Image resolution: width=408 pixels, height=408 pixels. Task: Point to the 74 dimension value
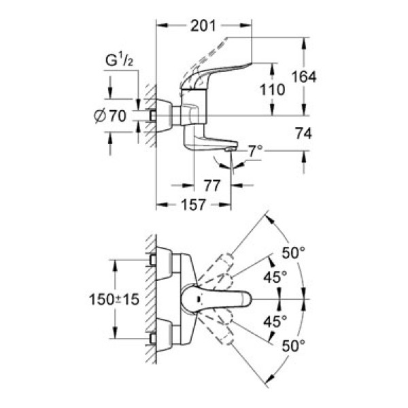(303, 135)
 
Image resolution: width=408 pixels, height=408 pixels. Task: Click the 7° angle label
(254, 150)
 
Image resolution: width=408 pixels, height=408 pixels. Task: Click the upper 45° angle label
(275, 277)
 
